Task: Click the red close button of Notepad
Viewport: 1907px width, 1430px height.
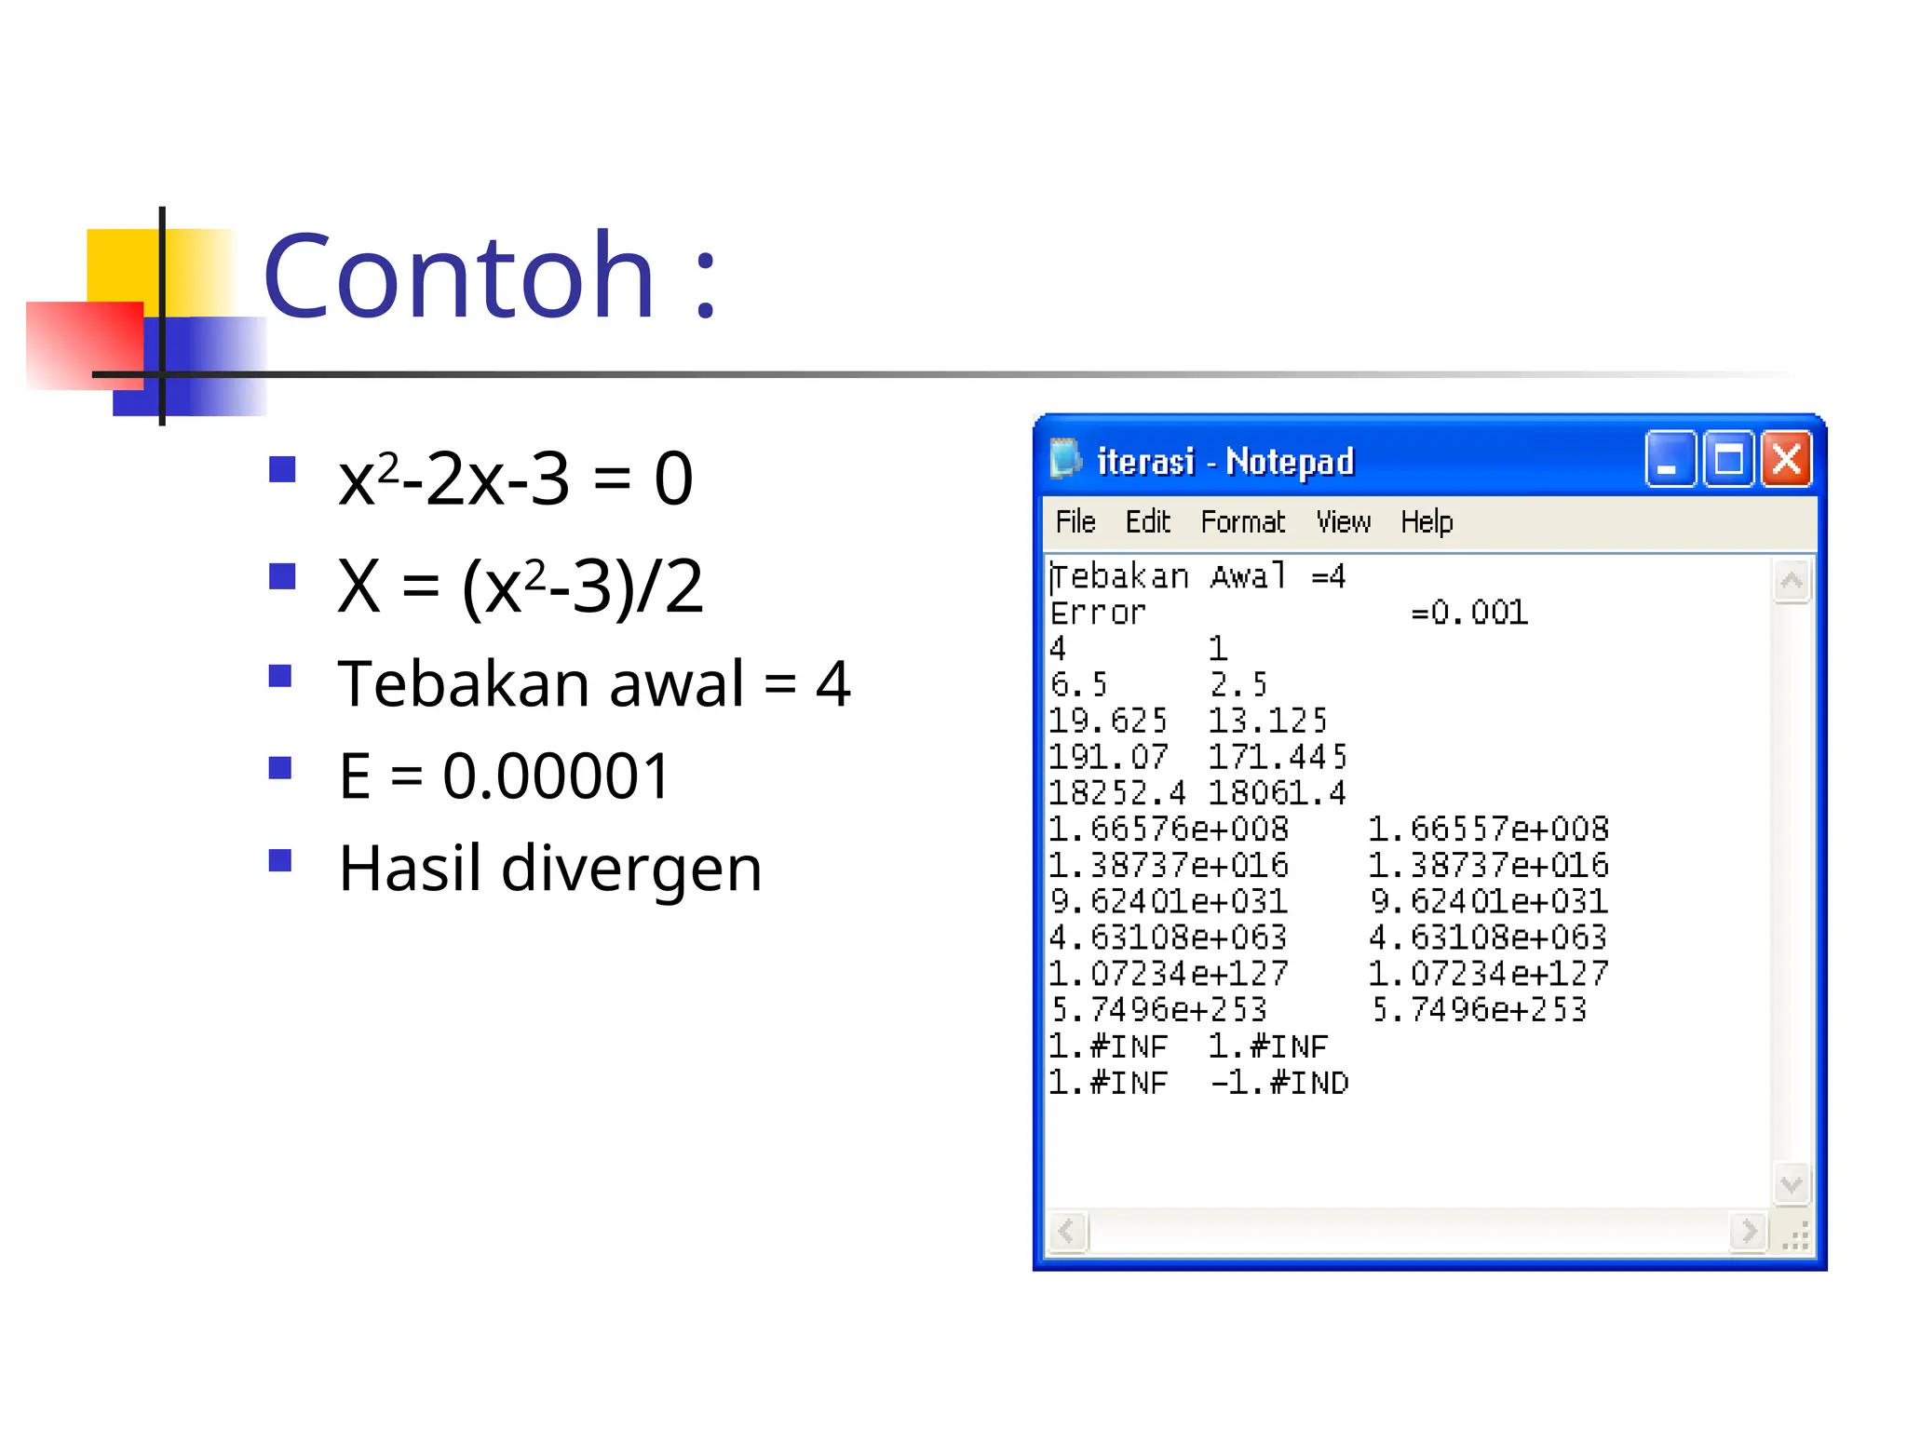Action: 1786,459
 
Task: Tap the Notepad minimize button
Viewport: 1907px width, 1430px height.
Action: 1669,459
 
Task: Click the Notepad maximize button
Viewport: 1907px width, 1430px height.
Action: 1728,459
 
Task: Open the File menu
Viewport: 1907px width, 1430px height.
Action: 1075,522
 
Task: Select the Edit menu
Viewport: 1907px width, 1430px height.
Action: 1147,522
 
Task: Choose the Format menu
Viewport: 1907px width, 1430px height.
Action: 1242,522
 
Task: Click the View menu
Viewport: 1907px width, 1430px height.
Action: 1343,522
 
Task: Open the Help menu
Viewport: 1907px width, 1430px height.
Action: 1427,522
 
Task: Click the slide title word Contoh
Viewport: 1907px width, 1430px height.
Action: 459,277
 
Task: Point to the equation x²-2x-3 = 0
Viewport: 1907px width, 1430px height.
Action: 515,479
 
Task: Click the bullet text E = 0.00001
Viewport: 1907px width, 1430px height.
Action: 504,776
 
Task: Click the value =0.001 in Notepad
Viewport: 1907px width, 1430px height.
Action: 1469,613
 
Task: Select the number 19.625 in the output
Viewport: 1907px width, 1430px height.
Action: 1108,721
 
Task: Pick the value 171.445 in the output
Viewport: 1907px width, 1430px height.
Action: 1278,757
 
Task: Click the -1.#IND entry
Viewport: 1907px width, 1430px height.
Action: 1279,1083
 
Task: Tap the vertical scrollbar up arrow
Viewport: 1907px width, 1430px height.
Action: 1792,582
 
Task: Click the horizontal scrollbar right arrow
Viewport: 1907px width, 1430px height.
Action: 1748,1232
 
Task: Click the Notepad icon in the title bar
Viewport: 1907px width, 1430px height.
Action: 1065,459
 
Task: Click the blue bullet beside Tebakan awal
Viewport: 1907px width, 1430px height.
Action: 280,675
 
